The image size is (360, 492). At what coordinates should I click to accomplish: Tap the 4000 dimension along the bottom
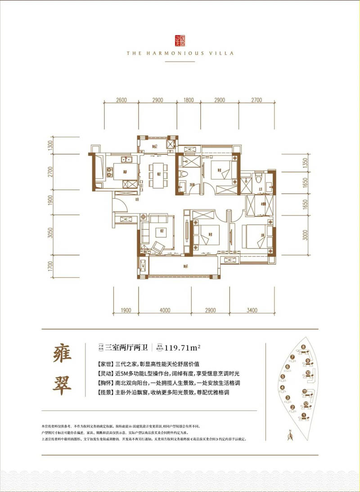[165, 310]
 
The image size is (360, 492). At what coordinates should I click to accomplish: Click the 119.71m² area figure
[182, 347]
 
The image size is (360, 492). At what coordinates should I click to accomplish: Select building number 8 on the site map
[304, 347]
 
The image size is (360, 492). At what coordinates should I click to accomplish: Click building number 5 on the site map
[283, 377]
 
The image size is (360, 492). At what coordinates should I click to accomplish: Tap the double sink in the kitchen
[126, 160]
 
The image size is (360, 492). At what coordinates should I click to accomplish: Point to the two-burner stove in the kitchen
[131, 185]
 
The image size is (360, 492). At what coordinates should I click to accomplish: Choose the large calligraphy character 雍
[62, 356]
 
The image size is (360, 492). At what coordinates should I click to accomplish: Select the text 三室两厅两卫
[132, 347]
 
